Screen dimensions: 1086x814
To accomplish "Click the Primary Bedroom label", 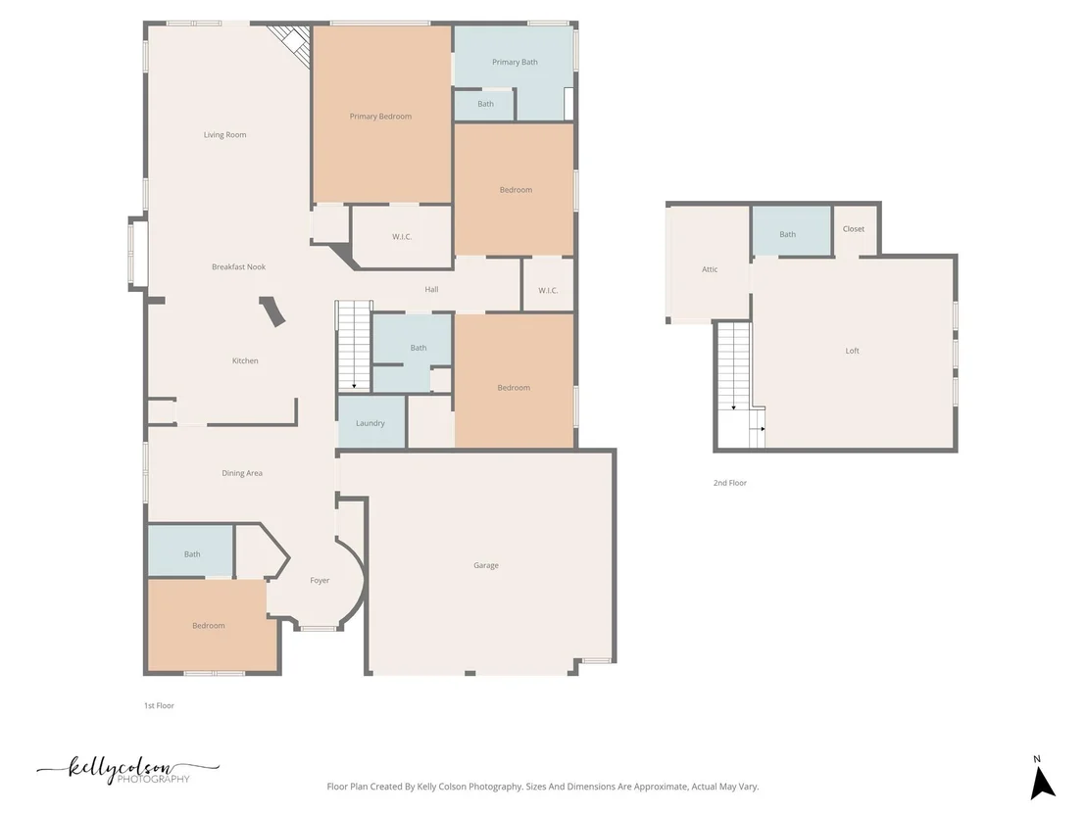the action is click(x=380, y=117).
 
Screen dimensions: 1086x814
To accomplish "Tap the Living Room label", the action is click(x=225, y=135).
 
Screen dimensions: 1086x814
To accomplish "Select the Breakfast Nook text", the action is click(x=239, y=266).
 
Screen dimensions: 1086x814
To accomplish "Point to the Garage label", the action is click(x=486, y=565).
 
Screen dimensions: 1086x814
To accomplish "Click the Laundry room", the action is click(x=371, y=422).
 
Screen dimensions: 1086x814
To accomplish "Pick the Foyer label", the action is click(x=320, y=581).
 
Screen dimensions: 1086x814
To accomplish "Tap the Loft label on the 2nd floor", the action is click(x=853, y=351).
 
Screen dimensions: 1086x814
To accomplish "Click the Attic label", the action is click(x=710, y=269).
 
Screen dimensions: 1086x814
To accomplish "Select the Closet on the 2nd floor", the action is click(x=854, y=230).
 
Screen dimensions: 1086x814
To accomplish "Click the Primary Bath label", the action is click(x=515, y=63).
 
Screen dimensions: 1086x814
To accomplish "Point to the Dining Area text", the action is click(x=242, y=473).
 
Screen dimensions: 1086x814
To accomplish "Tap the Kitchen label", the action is click(x=245, y=360).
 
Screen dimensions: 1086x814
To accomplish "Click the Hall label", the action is click(x=431, y=289).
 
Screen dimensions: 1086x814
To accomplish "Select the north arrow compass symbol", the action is click(x=1042, y=780).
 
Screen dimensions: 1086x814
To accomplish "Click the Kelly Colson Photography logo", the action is click(x=128, y=770).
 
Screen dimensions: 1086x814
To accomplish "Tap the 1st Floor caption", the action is click(x=160, y=706).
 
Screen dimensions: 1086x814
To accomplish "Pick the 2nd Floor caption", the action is click(x=730, y=483).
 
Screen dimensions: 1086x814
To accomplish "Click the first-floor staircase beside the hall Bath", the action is click(x=354, y=346).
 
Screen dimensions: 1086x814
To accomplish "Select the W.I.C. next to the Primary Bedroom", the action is click(x=403, y=237).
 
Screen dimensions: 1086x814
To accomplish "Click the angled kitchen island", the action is click(x=272, y=311).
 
